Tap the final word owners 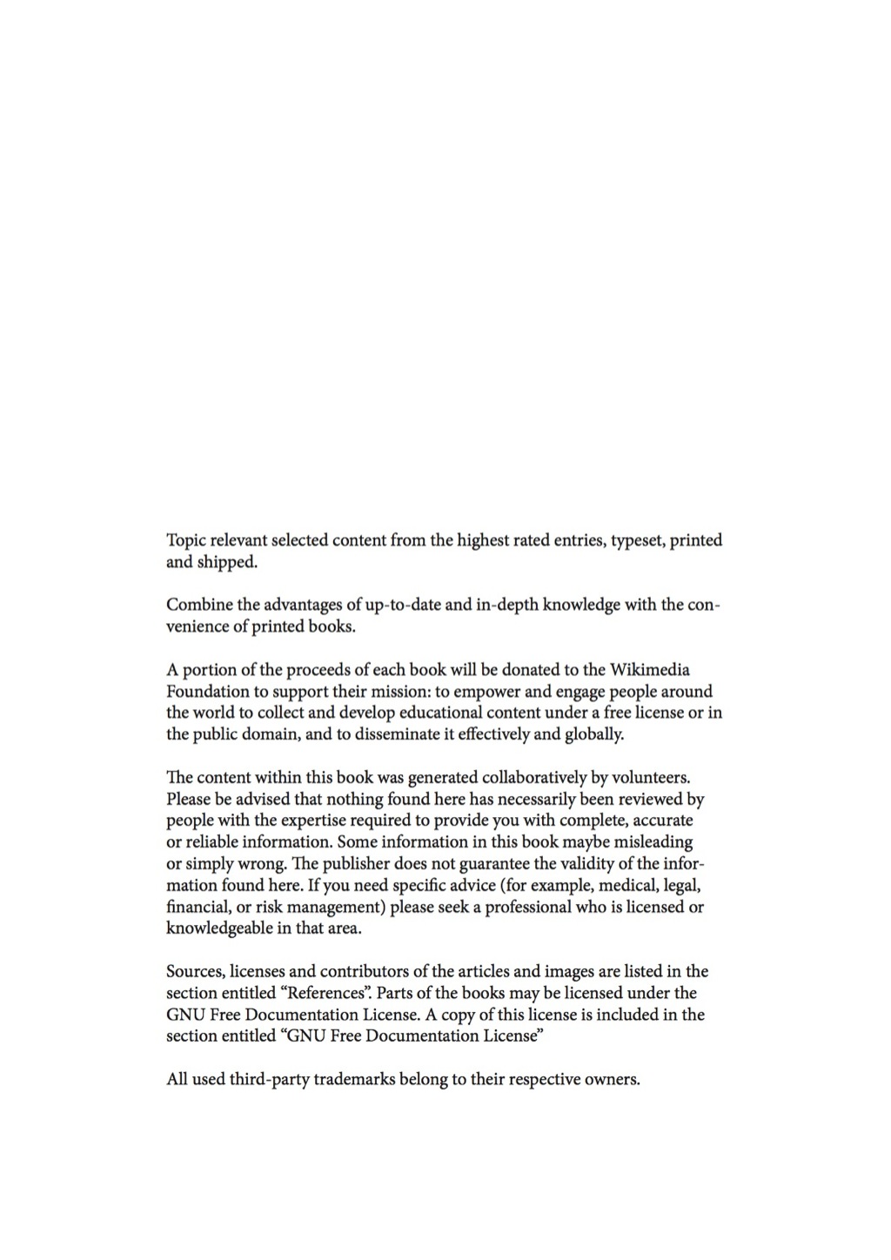tap(612, 1080)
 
